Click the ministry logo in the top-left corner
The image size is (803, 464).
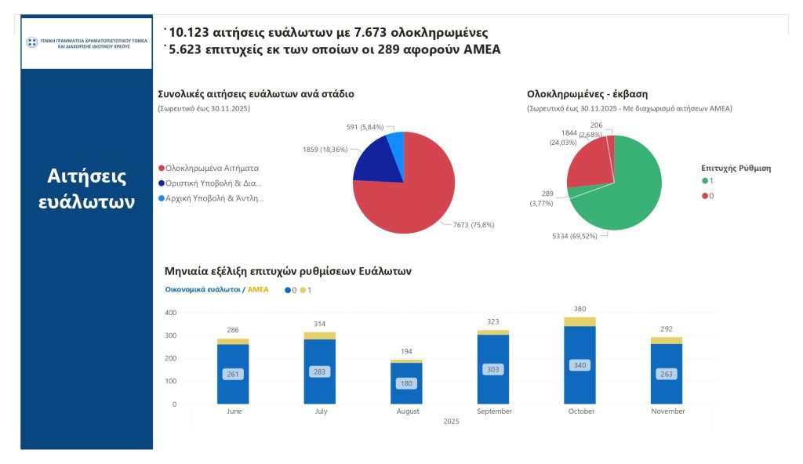pyautogui.click(x=85, y=42)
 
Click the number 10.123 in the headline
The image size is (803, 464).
pyautogui.click(x=194, y=32)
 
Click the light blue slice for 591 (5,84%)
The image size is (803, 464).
pyautogui.click(x=397, y=145)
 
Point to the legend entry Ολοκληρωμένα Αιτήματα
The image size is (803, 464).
pyautogui.click(x=212, y=168)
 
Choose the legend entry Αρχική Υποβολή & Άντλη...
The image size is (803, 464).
pyautogui.click(x=214, y=198)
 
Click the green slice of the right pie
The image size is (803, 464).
pyautogui.click(x=627, y=192)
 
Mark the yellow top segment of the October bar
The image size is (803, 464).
pyautogui.click(x=580, y=321)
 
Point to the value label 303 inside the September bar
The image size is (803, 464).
pyautogui.click(x=493, y=369)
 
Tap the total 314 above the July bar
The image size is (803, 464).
pyautogui.click(x=319, y=324)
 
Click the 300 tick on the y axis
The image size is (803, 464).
pyautogui.click(x=170, y=335)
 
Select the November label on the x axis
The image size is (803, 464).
pyautogui.click(x=667, y=411)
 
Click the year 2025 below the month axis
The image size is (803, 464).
pyautogui.click(x=451, y=422)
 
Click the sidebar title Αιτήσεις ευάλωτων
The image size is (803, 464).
pyautogui.click(x=86, y=189)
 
